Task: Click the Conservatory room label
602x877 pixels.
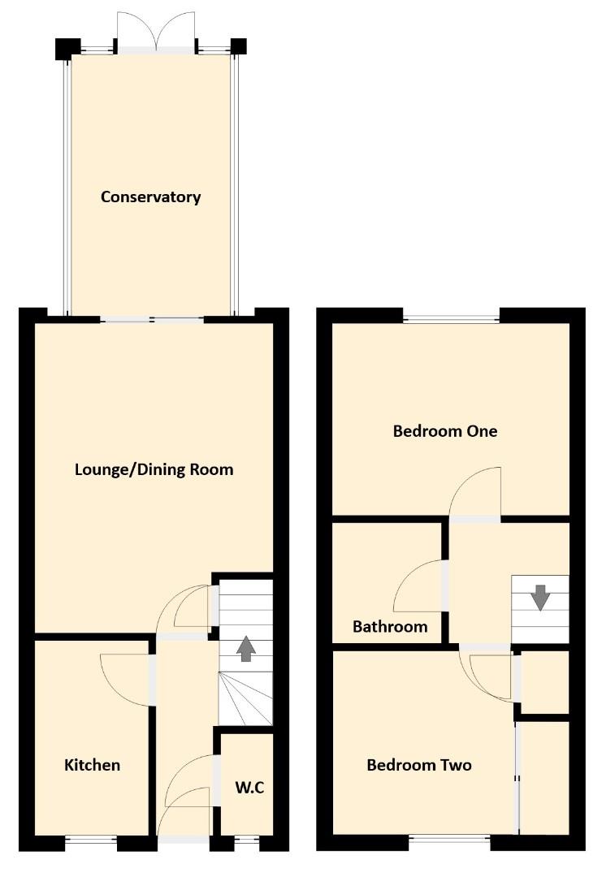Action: [x=150, y=197]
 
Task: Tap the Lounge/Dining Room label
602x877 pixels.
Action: [x=154, y=469]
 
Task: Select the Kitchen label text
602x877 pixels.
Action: [x=93, y=765]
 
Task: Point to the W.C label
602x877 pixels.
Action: [x=250, y=787]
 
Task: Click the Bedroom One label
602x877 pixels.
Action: [x=444, y=431]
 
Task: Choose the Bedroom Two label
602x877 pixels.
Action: [x=418, y=765]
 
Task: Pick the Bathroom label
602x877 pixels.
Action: [x=390, y=627]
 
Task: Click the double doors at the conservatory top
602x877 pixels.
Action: [x=157, y=32]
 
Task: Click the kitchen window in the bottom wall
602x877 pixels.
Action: [x=91, y=842]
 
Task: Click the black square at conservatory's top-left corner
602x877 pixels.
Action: [x=63, y=48]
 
